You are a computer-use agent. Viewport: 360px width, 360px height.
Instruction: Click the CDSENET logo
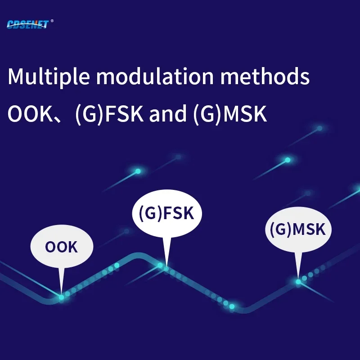coord(28,24)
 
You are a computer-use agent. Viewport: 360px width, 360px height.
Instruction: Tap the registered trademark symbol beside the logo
coord(52,21)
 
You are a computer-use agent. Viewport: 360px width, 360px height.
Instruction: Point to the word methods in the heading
coord(265,76)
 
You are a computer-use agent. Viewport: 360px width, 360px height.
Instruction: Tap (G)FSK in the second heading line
coord(109,114)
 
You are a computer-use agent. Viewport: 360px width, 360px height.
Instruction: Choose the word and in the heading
coord(167,114)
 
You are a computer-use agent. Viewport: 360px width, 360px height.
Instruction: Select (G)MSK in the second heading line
coord(230,114)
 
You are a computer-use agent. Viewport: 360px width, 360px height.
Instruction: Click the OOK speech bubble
coord(62,246)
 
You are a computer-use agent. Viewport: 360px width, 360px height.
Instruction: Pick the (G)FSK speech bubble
coord(167,213)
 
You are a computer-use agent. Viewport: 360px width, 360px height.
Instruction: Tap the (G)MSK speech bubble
coord(298,229)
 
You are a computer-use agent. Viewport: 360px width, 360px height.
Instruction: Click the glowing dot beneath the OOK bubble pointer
coord(61,297)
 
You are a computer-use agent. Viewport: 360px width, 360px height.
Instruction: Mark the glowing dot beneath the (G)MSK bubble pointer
coord(298,282)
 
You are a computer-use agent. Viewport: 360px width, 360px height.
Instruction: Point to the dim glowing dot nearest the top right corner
coord(319,128)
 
